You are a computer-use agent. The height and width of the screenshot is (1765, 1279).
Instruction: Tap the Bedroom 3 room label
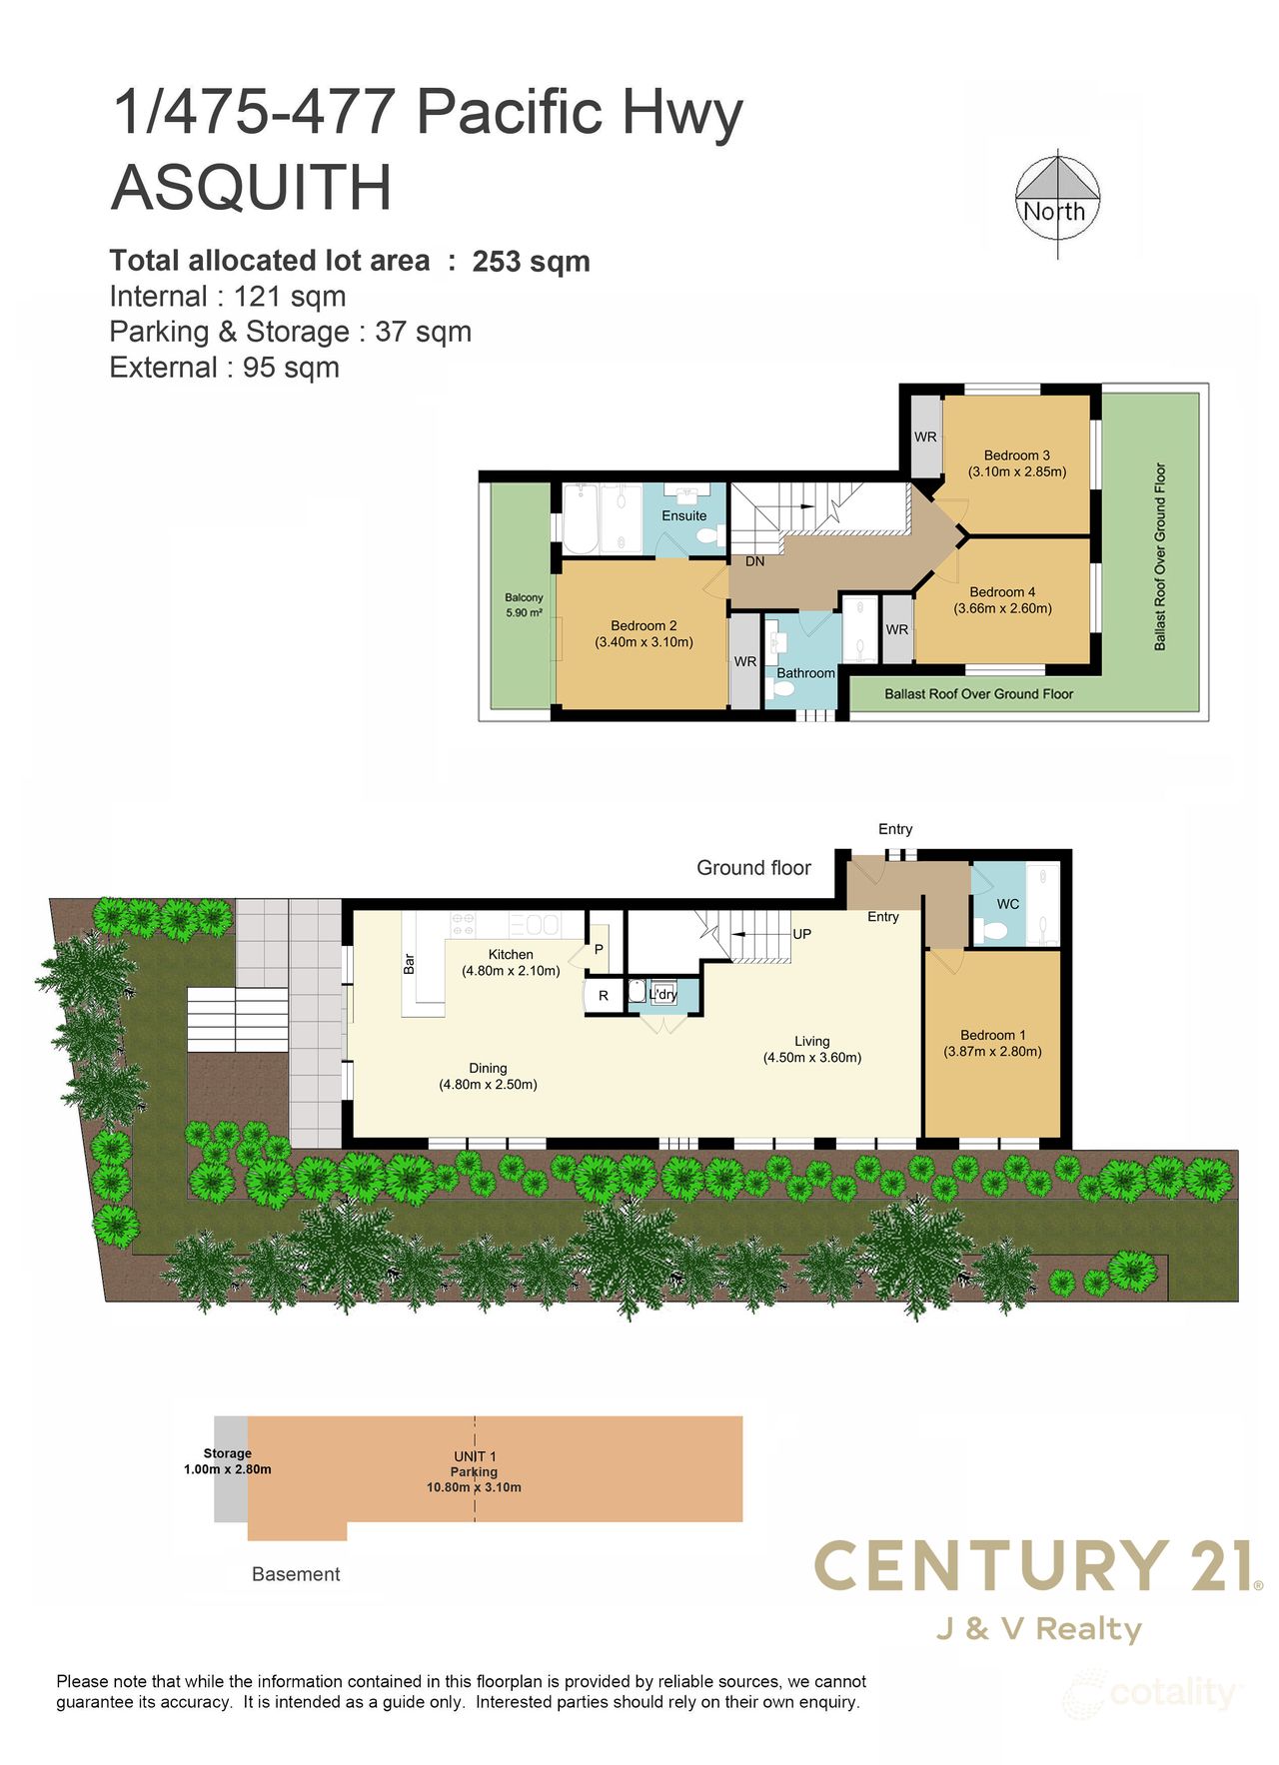[x=1016, y=455]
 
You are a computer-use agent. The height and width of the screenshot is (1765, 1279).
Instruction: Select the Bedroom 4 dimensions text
[x=1002, y=608]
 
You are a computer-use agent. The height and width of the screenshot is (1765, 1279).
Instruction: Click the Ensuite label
[x=683, y=515]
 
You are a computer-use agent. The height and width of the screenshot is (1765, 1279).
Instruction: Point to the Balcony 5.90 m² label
[x=524, y=605]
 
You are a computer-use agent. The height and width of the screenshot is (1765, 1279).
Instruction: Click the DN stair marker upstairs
[x=754, y=561]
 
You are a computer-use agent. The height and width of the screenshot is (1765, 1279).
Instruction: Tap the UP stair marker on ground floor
[x=801, y=934]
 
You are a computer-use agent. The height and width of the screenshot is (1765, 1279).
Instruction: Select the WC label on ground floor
[x=1007, y=904]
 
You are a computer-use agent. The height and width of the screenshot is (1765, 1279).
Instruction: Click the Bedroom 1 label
[x=992, y=1035]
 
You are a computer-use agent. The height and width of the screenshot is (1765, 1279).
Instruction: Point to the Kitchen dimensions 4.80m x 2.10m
[x=510, y=971]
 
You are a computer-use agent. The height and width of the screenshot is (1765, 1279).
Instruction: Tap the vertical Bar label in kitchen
[x=409, y=963]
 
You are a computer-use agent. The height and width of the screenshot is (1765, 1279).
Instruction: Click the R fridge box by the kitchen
[x=603, y=996]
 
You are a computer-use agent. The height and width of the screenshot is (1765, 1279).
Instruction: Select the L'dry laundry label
[x=663, y=995]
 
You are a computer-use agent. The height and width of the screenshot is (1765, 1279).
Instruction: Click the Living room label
[x=811, y=1041]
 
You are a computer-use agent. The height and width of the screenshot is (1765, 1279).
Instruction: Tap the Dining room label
[x=488, y=1068]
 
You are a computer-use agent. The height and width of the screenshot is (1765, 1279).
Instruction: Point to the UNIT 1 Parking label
[x=474, y=1464]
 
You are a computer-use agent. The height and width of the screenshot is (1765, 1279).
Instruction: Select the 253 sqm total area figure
[x=531, y=262]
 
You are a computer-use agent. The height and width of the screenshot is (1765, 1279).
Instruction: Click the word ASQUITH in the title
[x=251, y=188]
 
